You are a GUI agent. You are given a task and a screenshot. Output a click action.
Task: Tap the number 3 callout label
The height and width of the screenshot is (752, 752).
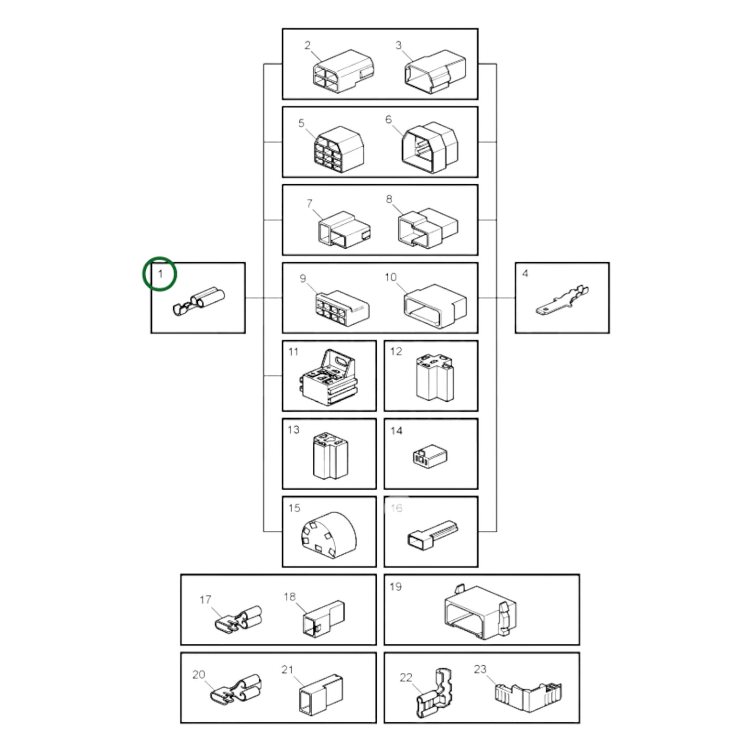click(x=398, y=45)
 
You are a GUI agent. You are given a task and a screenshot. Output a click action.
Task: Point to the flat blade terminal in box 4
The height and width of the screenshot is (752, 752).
click(x=562, y=301)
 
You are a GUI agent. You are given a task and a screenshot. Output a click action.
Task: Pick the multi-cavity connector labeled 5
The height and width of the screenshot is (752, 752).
click(x=339, y=149)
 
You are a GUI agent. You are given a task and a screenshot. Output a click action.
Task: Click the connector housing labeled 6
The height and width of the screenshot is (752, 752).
click(x=430, y=147)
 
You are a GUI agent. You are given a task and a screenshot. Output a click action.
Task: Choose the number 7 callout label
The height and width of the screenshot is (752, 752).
click(x=310, y=203)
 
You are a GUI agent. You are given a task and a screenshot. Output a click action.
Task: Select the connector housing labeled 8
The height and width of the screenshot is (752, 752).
click(x=428, y=228)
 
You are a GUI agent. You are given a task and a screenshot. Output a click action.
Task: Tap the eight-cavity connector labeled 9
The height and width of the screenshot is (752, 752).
click(x=342, y=308)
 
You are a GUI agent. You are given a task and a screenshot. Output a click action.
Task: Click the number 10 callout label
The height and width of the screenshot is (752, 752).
click(x=390, y=277)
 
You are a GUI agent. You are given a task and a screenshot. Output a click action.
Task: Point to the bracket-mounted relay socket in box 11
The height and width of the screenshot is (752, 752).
click(x=328, y=377)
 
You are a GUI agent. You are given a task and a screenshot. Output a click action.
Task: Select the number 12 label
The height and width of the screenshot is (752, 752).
click(x=396, y=351)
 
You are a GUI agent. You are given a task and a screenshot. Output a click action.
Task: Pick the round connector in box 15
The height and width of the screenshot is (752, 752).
click(x=328, y=535)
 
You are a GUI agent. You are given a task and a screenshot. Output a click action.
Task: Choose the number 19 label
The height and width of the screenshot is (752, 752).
click(x=396, y=587)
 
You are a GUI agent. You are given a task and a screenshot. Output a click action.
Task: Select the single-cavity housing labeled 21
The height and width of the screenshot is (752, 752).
click(x=321, y=694)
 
